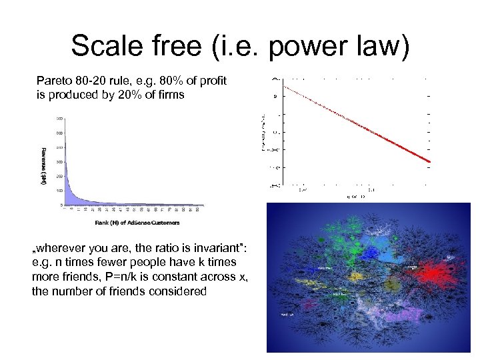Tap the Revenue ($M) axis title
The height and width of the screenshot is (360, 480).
(x=43, y=166)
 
